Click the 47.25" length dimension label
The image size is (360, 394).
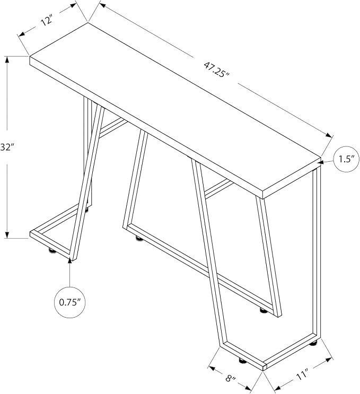coord(216,69)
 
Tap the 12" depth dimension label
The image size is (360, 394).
coord(47,20)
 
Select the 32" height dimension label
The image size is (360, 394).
coord(6,147)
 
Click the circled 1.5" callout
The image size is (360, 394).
coord(346,159)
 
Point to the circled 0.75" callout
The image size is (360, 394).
coord(70,302)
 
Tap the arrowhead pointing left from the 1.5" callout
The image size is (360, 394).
coord(325,162)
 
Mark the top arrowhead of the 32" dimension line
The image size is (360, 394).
coord(7,59)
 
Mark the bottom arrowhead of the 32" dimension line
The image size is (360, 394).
coord(7,234)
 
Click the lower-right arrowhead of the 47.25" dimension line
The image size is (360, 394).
coord(329,135)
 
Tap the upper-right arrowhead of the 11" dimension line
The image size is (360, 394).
coord(329,360)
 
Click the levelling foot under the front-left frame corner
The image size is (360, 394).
coord(52,250)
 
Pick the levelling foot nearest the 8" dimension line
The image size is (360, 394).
coord(242,361)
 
